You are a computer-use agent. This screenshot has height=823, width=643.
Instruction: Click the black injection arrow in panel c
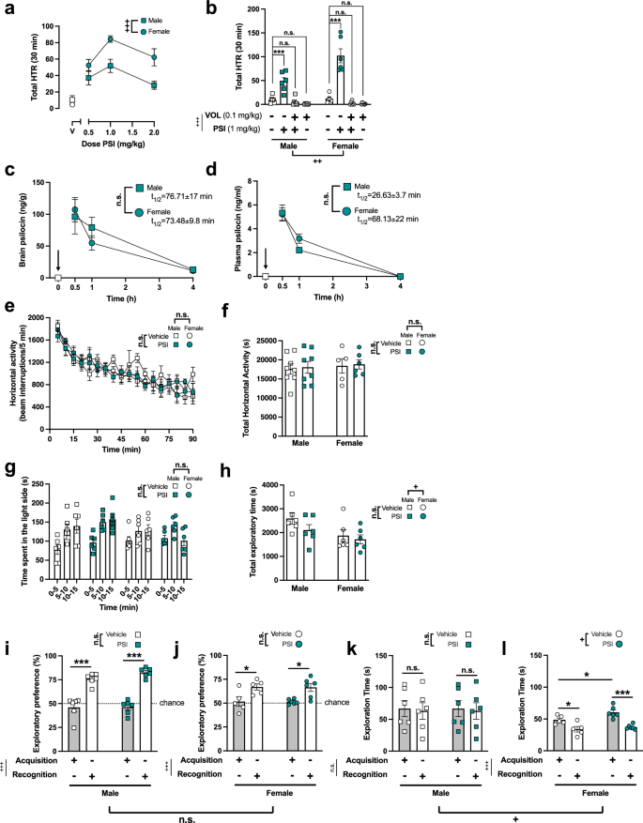pyautogui.click(x=58, y=259)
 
